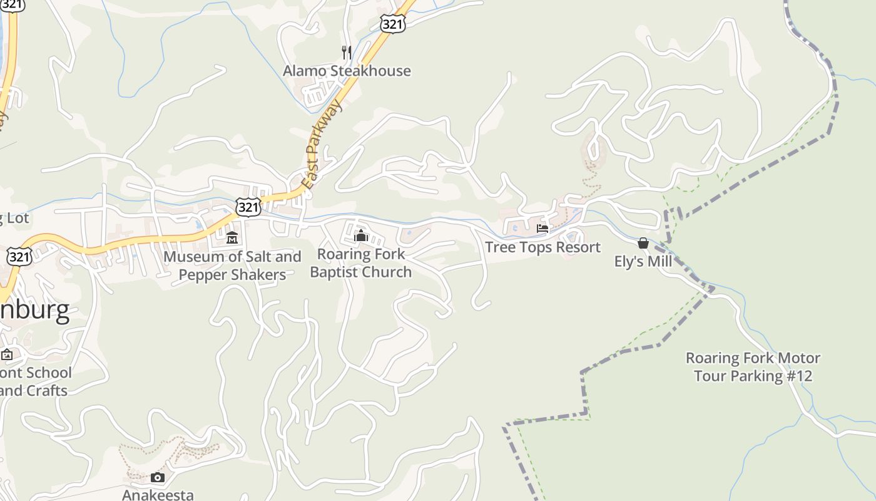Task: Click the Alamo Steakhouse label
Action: (347, 71)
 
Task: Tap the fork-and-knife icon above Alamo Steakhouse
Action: (347, 52)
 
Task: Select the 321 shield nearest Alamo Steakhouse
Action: (392, 24)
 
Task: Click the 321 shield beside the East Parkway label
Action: (248, 207)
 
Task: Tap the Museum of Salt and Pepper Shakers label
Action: (232, 266)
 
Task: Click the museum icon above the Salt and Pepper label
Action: (232, 238)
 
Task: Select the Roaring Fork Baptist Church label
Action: (361, 263)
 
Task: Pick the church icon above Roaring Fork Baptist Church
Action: (361, 236)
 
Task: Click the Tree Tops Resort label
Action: (542, 247)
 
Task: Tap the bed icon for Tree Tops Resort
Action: (542, 229)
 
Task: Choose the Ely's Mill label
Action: (643, 261)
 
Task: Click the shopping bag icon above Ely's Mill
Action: (643, 243)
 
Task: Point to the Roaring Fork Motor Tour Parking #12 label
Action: (753, 367)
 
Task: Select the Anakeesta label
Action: (158, 495)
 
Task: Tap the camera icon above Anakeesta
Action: (158, 478)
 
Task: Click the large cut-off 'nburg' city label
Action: (34, 311)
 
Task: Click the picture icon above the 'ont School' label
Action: (7, 354)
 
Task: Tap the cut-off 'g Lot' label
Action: (14, 219)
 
